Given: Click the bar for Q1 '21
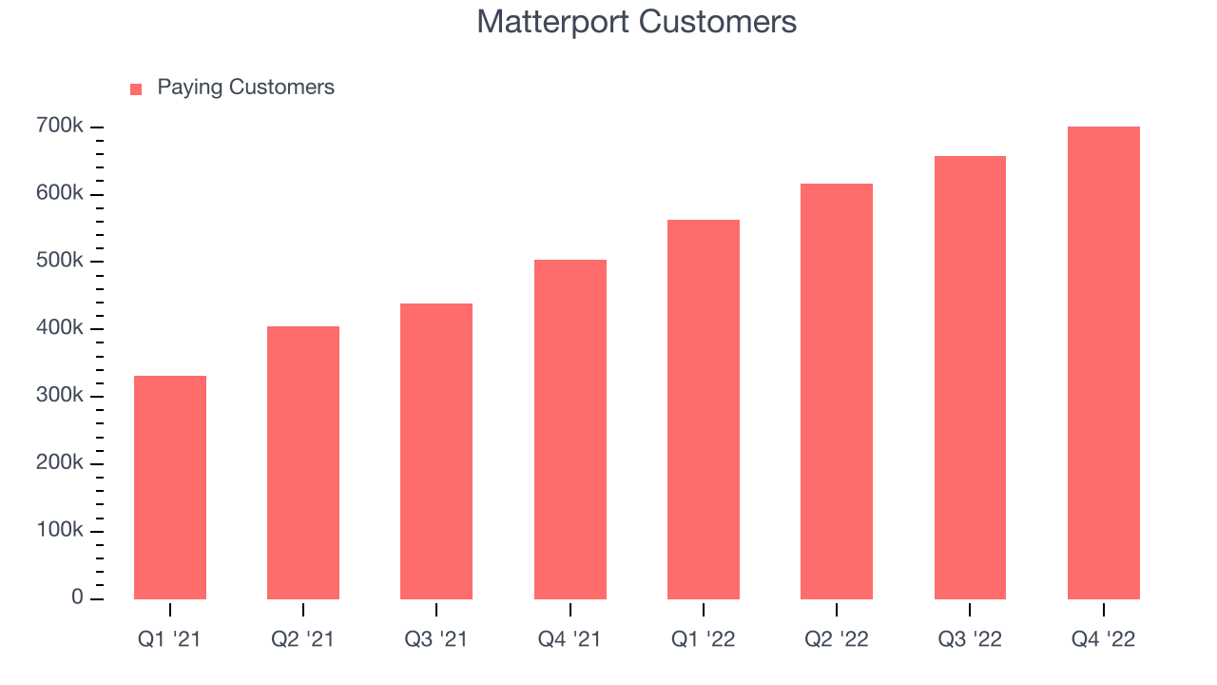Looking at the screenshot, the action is click(x=170, y=488).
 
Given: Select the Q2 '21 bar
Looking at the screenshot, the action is click(x=303, y=462).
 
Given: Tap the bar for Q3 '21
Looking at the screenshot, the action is click(x=436, y=451).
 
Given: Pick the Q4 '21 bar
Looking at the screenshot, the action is click(x=570, y=429).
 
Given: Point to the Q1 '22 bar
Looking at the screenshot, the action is click(x=704, y=409).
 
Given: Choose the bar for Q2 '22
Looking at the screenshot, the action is click(x=837, y=391).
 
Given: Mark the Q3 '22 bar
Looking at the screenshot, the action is click(x=971, y=378).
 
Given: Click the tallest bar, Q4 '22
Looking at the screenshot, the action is click(x=1104, y=363).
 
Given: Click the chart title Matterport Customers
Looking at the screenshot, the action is click(x=637, y=22).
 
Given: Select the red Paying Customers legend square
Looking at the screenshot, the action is click(x=136, y=89).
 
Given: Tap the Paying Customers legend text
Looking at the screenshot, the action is click(x=245, y=88).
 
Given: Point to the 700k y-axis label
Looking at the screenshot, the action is click(x=60, y=126).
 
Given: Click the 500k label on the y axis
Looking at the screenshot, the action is click(x=60, y=261).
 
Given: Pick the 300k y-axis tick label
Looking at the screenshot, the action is click(x=60, y=395).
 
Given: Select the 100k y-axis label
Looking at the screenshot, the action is click(x=60, y=530).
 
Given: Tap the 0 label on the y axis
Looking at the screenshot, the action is click(x=77, y=597).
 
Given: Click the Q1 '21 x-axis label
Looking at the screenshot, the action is click(x=169, y=639).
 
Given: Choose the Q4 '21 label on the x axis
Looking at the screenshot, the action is click(x=570, y=639).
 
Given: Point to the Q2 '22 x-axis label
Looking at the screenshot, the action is click(x=837, y=639).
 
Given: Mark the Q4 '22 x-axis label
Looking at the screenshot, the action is click(x=1104, y=639).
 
